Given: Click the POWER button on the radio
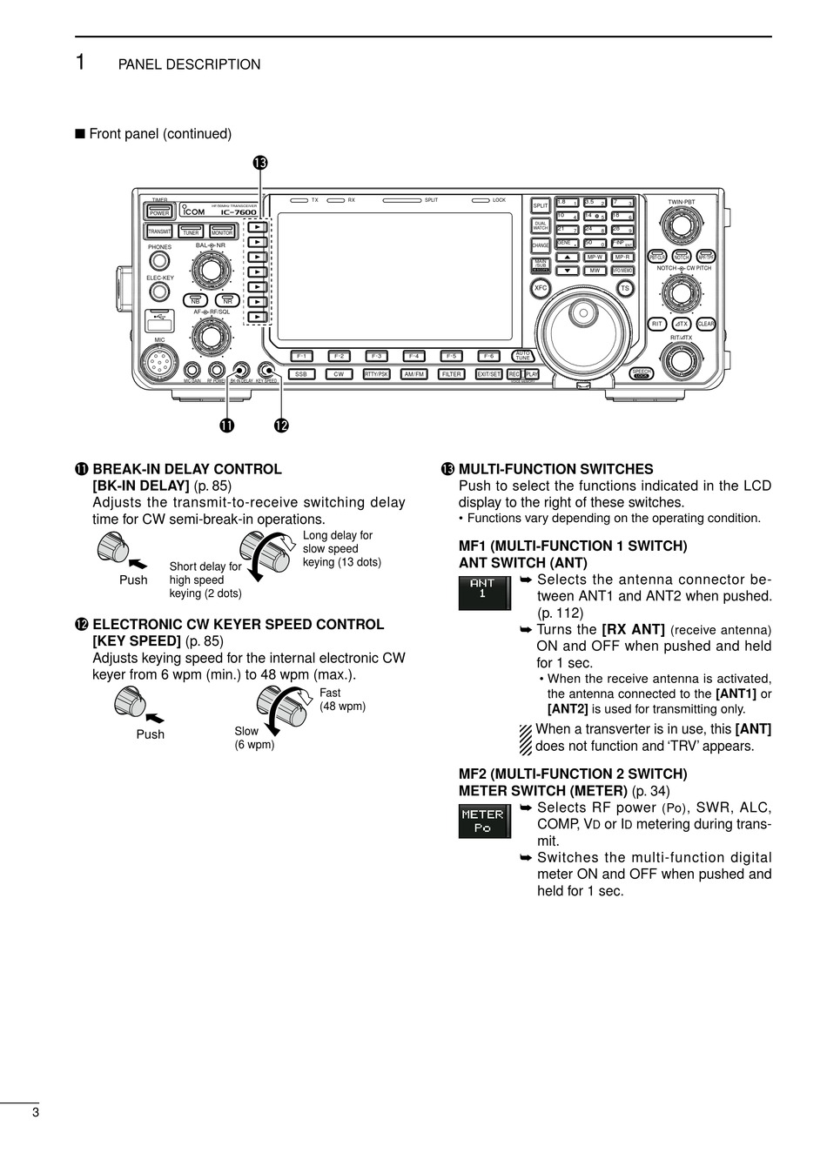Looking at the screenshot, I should (x=159, y=211).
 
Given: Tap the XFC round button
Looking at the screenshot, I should (x=541, y=287).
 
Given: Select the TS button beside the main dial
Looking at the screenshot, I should (x=624, y=288).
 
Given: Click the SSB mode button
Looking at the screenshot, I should (x=300, y=374).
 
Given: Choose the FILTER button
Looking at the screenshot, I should (x=451, y=374).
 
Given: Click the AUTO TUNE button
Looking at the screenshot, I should (x=522, y=356).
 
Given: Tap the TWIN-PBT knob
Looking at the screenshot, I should (x=681, y=228).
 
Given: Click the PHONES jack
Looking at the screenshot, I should (x=158, y=261).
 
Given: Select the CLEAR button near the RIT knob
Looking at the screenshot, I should (x=705, y=324).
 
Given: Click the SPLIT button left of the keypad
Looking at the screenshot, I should (x=541, y=206).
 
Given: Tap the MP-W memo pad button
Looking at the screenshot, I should (x=595, y=258).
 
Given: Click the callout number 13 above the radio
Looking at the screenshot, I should (x=259, y=163).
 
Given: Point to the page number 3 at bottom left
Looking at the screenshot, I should (x=35, y=1112).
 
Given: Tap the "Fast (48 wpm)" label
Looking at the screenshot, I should (x=342, y=700).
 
